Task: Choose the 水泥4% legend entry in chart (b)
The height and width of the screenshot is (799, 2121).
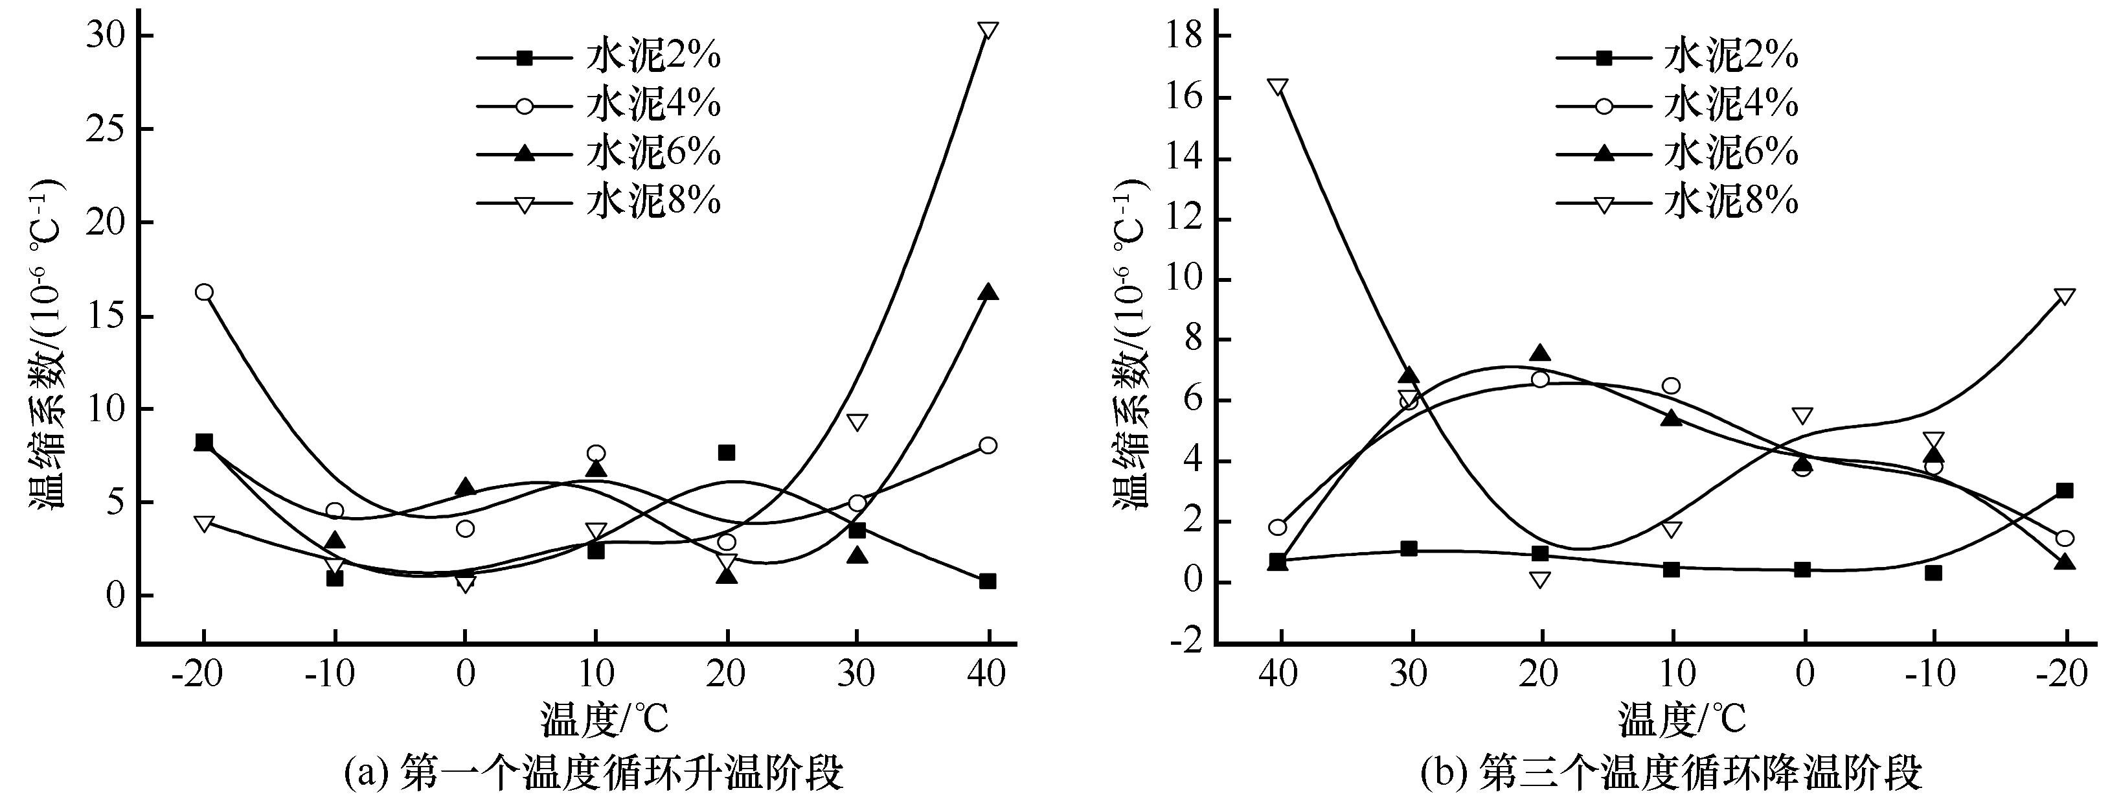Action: [x=1730, y=104]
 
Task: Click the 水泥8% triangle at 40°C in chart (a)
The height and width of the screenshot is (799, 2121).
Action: [x=988, y=31]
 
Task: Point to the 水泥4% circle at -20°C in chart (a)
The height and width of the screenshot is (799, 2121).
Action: [x=204, y=292]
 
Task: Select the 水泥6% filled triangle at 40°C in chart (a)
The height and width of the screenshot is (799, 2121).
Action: [x=988, y=292]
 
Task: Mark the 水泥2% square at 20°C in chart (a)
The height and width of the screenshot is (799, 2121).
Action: [x=726, y=452]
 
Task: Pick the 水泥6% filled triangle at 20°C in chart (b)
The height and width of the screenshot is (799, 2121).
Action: [x=1539, y=353]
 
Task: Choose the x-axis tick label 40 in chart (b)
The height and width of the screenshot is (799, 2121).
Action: [x=1278, y=675]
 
